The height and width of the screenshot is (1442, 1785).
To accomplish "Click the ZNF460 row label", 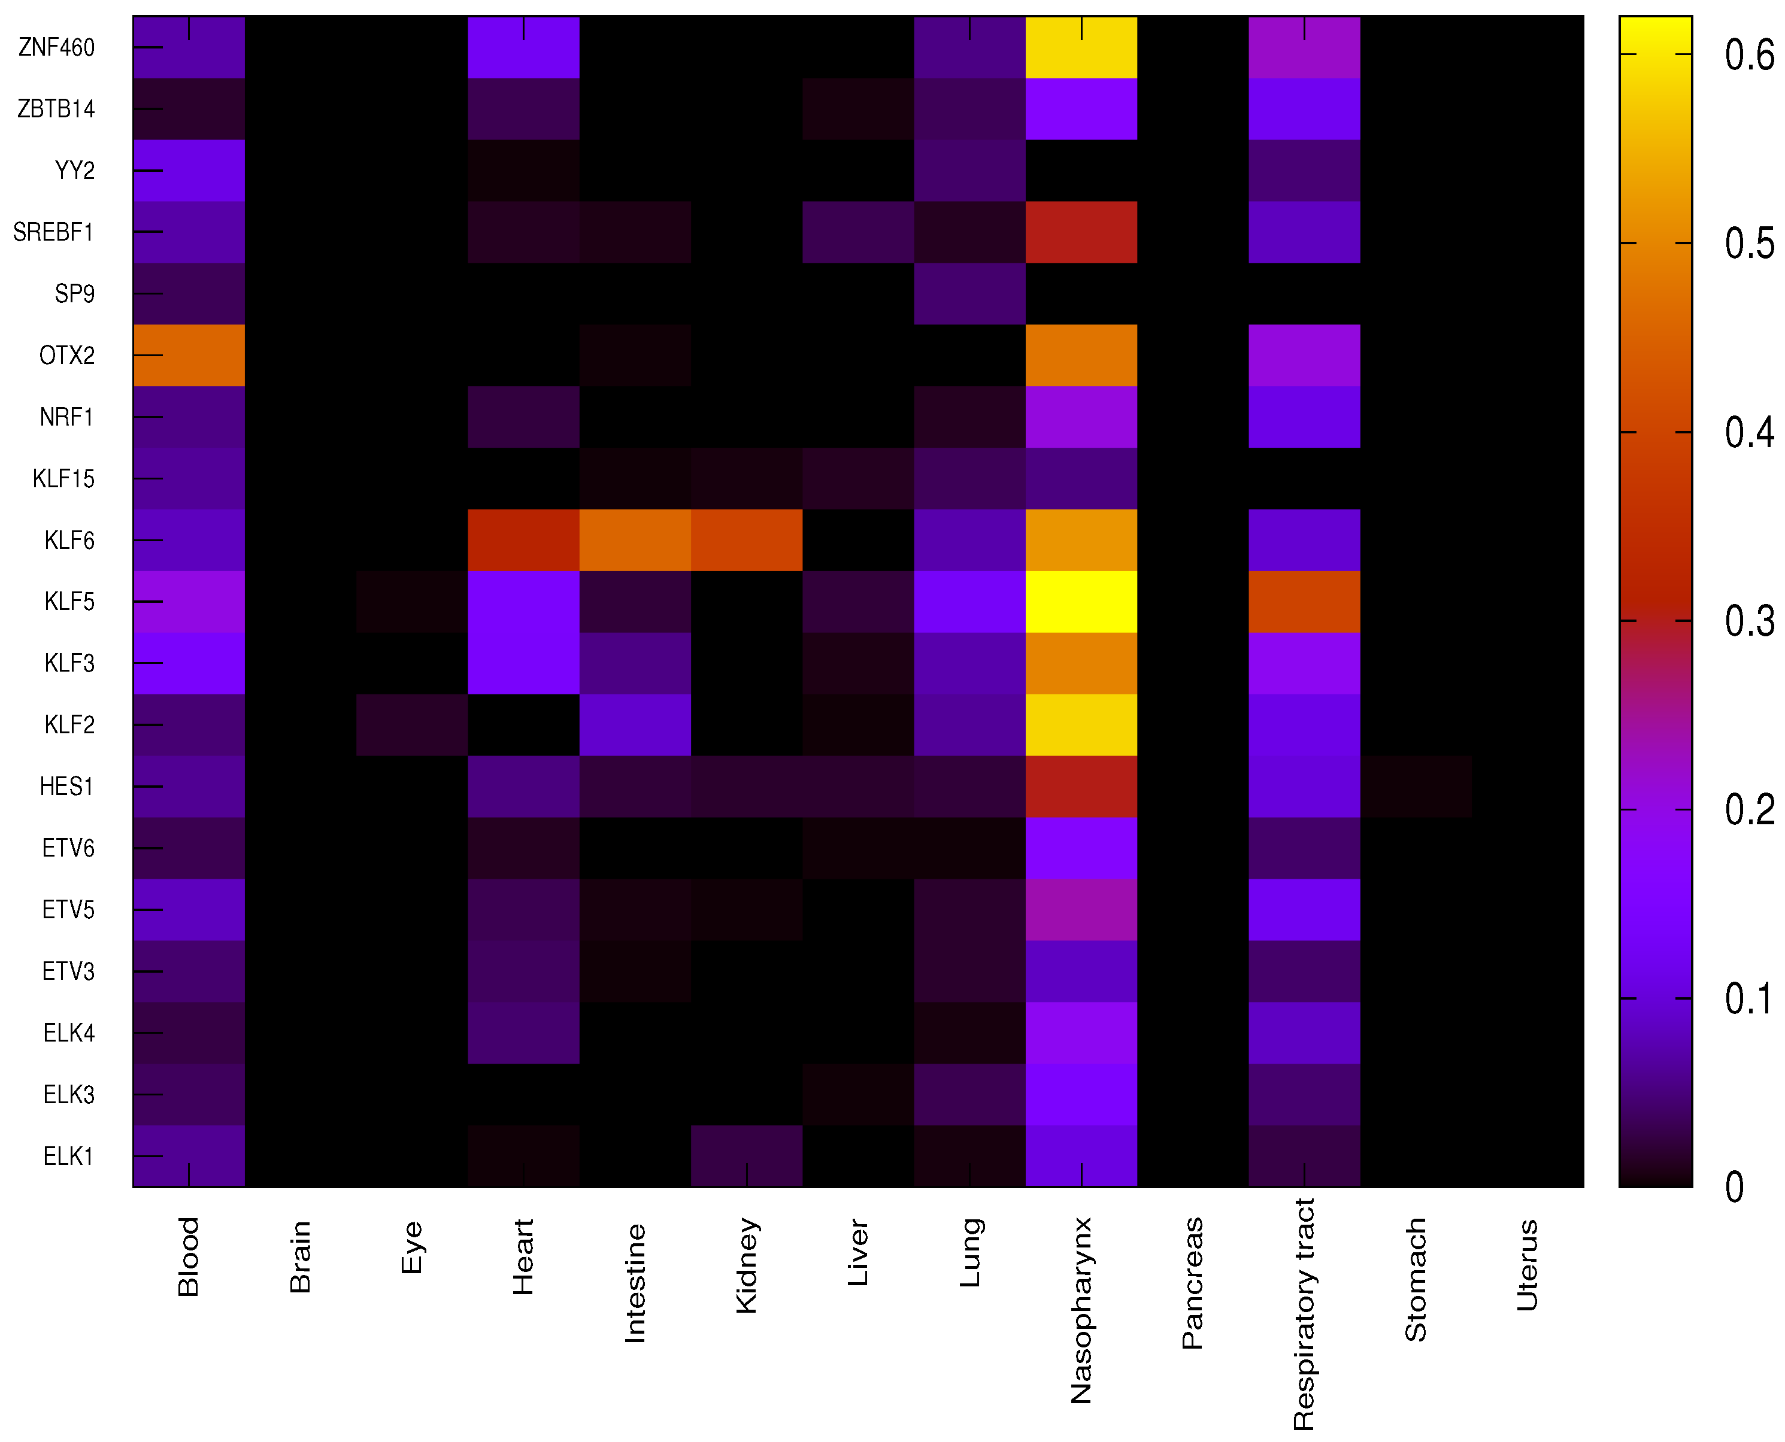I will coord(56,47).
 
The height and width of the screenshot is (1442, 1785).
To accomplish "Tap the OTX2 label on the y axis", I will coord(66,356).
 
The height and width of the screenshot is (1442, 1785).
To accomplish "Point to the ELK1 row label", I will coord(69,1155).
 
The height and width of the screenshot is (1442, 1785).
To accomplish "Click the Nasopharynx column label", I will coord(1081,1310).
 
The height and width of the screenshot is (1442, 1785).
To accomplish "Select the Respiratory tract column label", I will coord(1304,1314).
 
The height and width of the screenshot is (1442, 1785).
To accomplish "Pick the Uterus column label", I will coord(1528,1265).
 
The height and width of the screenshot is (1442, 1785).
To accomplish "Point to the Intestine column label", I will coord(635,1283).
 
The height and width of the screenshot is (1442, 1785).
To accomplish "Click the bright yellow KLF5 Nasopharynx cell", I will coord(1081,602).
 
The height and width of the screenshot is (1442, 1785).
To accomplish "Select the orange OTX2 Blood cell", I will coord(189,356).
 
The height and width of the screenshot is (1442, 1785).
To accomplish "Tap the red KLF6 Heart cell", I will coord(523,540).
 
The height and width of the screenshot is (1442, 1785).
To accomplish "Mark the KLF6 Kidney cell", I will coord(746,540).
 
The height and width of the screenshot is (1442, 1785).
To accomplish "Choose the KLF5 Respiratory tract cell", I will coord(1304,602).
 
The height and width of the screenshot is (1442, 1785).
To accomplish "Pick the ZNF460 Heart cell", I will coord(523,47).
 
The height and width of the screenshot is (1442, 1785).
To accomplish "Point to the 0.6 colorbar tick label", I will coord(1748,56).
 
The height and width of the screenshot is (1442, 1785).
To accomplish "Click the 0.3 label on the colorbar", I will coord(1748,621).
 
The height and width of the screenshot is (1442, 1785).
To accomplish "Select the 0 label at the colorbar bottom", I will coord(1734,1187).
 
